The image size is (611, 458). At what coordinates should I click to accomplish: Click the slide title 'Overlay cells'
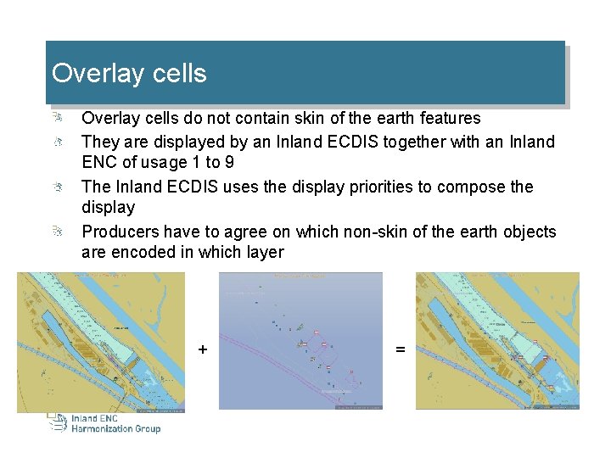tap(129, 73)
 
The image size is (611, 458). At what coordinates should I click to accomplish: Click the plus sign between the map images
tap(202, 349)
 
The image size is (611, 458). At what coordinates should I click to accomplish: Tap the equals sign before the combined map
tap(400, 349)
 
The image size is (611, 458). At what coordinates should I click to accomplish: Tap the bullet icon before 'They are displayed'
tap(55, 141)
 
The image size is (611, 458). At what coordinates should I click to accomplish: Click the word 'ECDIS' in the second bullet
tap(350, 142)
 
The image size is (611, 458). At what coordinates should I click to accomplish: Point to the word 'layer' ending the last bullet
tap(265, 252)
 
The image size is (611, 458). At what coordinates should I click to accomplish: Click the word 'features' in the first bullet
tap(449, 118)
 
